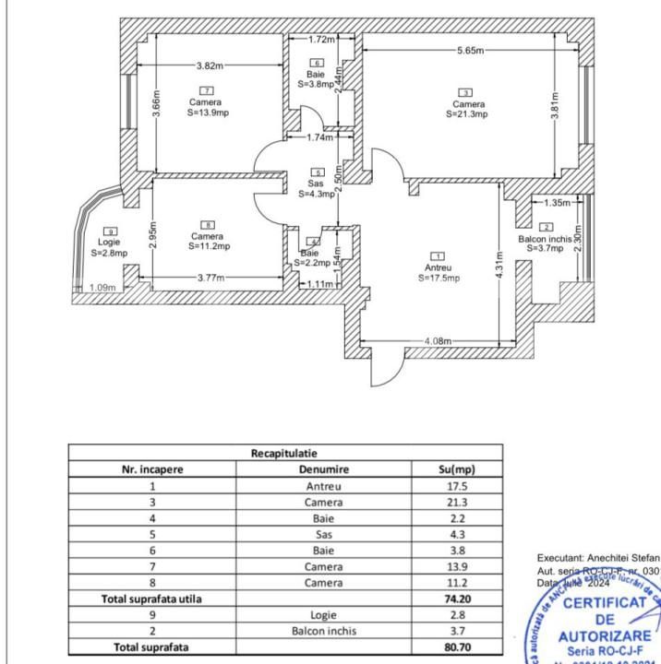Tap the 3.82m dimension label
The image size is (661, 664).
tap(210, 65)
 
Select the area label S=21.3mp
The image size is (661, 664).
tap(467, 114)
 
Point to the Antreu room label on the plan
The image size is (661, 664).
tap(438, 267)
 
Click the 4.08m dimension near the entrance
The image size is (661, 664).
tap(439, 342)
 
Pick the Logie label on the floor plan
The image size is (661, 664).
tap(110, 242)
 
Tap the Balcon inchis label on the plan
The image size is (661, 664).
tap(545, 238)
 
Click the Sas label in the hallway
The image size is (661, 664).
tap(317, 183)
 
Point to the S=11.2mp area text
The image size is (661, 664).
tap(209, 246)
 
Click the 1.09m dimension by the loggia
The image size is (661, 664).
tap(102, 288)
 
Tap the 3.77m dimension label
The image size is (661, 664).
tap(211, 278)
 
